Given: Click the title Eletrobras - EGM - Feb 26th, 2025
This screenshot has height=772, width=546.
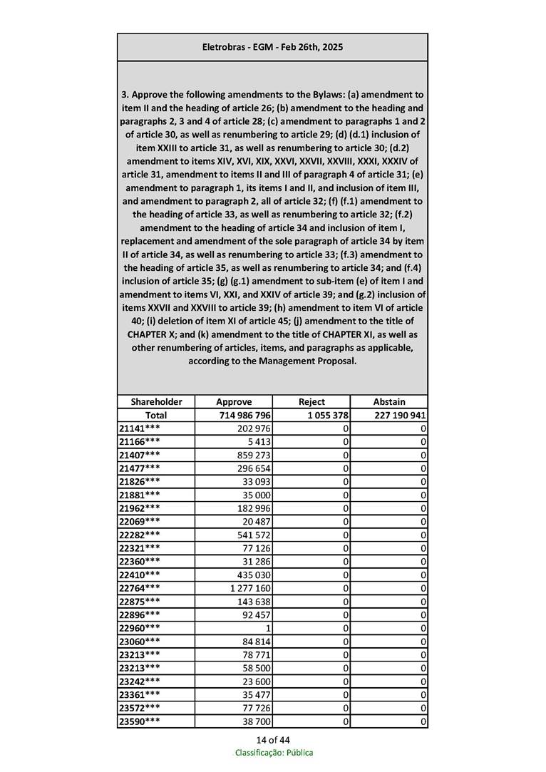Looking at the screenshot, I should tap(272, 47).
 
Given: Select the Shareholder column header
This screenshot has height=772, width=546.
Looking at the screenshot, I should tap(156, 401).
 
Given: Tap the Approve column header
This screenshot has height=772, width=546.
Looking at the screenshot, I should tap(234, 401).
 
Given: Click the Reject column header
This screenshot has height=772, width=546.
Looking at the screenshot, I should tap(311, 401).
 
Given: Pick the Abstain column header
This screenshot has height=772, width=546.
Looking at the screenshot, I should tap(389, 401).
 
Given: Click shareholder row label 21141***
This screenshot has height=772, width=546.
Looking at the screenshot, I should tap(139, 428).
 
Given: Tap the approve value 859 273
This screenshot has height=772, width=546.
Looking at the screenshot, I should tap(253, 455).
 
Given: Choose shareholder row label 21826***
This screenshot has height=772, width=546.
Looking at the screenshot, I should tap(139, 481).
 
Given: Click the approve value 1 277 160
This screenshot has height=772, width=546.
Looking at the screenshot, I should tap(250, 588).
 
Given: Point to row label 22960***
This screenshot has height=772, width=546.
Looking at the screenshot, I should tap(139, 628).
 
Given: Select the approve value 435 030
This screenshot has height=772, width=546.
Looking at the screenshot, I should tap(253, 575).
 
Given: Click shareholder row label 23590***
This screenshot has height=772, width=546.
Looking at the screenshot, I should tap(139, 721).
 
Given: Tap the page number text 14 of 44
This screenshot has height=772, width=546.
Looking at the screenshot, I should tap(272, 739).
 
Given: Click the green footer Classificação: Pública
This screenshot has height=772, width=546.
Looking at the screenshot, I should tap(274, 753).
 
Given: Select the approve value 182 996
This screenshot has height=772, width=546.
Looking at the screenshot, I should tap(253, 508).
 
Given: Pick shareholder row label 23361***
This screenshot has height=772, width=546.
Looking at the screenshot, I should tap(139, 695).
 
